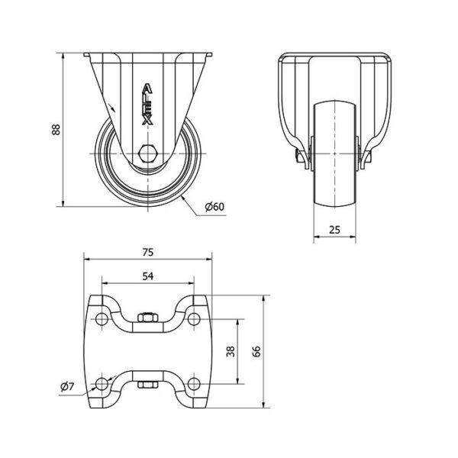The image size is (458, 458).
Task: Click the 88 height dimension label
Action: pos(56,129)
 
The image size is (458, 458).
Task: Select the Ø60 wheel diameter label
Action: pos(214,206)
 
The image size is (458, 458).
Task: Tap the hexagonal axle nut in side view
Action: pos(149,152)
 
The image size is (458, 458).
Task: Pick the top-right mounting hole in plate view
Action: pos(194,318)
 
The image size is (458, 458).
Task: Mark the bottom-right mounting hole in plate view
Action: pos(194,383)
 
